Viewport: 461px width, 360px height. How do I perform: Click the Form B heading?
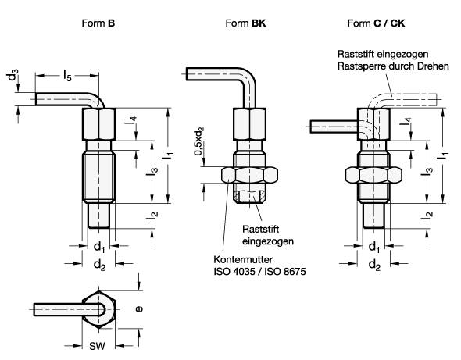click(x=98, y=23)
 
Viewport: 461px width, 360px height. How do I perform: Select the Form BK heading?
click(x=245, y=23)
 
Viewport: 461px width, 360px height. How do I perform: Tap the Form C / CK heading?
click(x=376, y=23)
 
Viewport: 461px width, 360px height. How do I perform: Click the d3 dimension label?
click(x=13, y=75)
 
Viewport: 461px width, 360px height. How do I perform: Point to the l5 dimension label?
click(x=67, y=75)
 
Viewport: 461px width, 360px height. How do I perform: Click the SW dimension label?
click(x=97, y=346)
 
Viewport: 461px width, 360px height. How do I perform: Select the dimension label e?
click(x=139, y=309)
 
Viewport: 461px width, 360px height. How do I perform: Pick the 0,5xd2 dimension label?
click(x=199, y=141)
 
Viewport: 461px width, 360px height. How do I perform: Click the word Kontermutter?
click(x=243, y=259)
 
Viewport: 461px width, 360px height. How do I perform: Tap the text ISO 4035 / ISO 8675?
click(x=259, y=271)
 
